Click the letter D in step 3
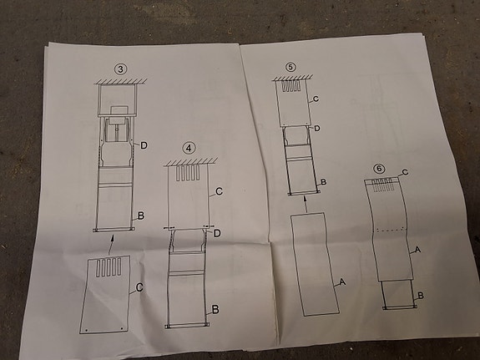tap(144, 146)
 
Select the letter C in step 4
tap(219, 193)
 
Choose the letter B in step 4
tap(215, 310)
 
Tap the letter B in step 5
tap(322, 182)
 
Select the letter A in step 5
tap(340, 283)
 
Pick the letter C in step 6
tap(405, 173)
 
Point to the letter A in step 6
tap(416, 248)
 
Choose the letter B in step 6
tap(422, 295)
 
